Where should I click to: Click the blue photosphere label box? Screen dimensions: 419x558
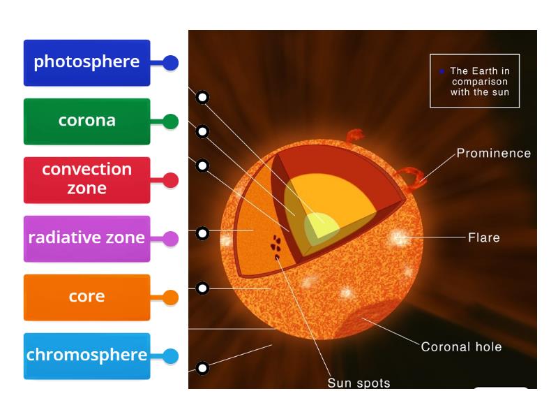86,63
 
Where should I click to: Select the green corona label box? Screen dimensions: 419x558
86,122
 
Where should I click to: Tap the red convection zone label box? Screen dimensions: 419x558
86,179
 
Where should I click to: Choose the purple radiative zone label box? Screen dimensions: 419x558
86,238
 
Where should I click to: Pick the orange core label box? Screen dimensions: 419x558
86,297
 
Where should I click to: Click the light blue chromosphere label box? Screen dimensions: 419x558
86,355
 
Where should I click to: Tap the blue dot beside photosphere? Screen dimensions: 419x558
170,63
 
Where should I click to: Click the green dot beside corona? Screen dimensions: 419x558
170,122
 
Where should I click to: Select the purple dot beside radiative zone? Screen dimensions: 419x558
170,239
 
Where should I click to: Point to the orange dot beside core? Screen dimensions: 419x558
170,297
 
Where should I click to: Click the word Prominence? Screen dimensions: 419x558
493,153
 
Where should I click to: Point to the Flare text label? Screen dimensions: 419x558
484,237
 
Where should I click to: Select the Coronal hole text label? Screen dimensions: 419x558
461,346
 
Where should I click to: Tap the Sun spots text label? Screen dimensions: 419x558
359,383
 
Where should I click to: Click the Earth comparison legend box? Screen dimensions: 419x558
474,81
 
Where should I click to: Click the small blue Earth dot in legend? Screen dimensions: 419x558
442,71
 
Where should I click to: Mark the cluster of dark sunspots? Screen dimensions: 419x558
277,244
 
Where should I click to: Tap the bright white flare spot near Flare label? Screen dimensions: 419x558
400,238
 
